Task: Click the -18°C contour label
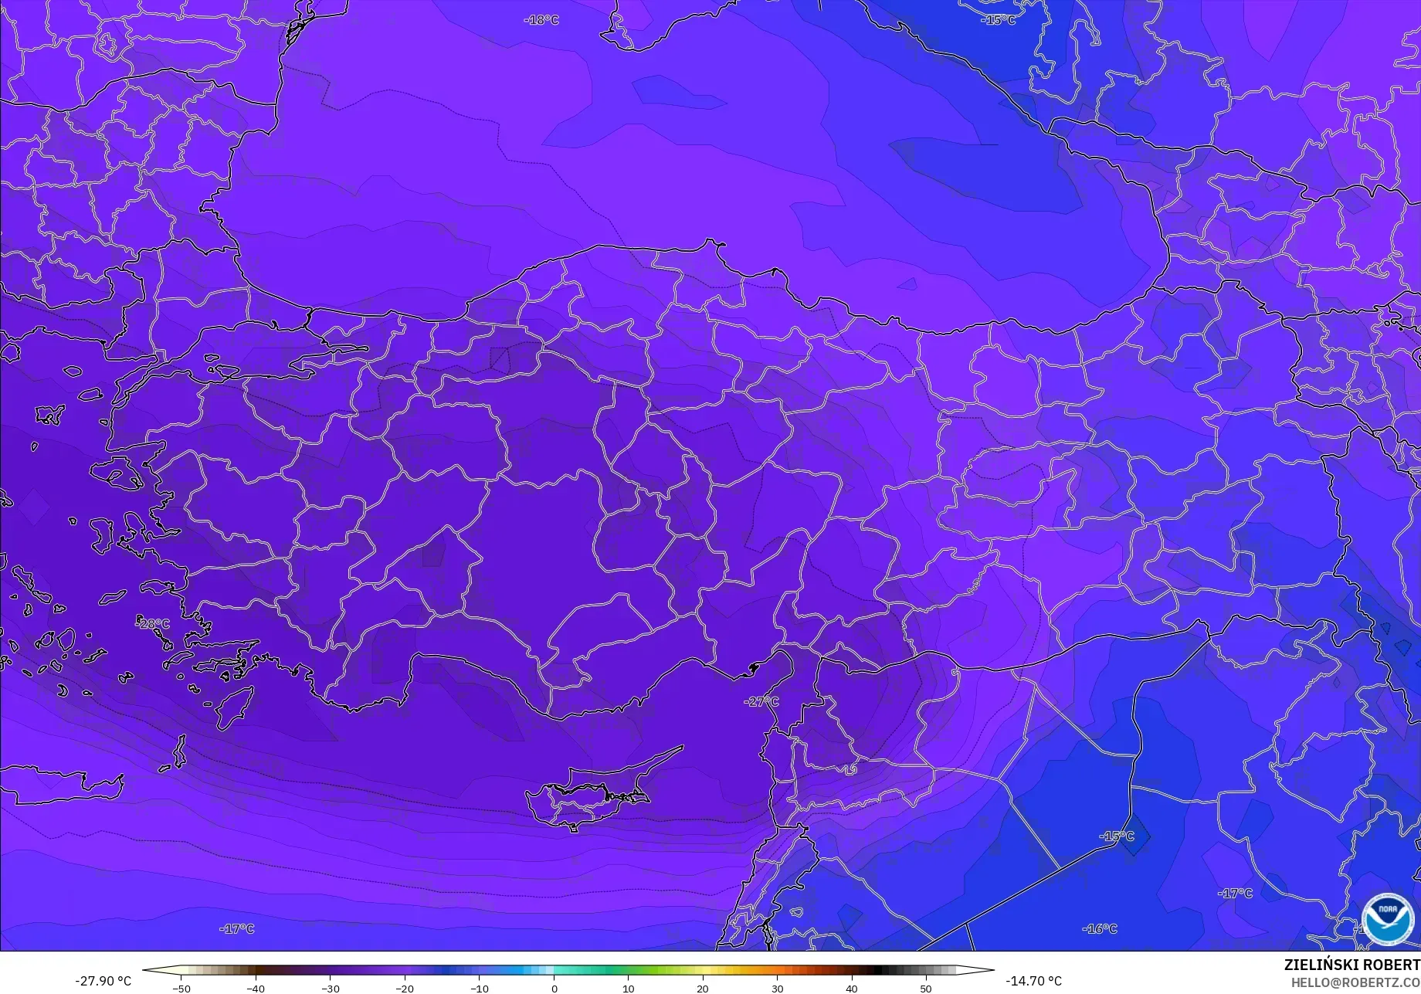(541, 19)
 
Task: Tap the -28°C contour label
(153, 623)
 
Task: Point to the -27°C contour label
(761, 701)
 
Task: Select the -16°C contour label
(1099, 928)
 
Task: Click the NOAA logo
(1387, 919)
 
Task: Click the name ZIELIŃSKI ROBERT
(1351, 965)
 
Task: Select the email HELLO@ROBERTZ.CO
(1355, 982)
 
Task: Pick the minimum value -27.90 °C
(103, 981)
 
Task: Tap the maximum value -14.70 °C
(1033, 981)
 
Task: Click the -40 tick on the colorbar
(256, 988)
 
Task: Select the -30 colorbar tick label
(330, 988)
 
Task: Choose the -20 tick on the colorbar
(405, 988)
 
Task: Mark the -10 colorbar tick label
(480, 988)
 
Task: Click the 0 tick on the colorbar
(554, 988)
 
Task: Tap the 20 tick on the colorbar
(703, 988)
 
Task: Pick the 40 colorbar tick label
(852, 988)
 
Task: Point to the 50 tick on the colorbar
(926, 988)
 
